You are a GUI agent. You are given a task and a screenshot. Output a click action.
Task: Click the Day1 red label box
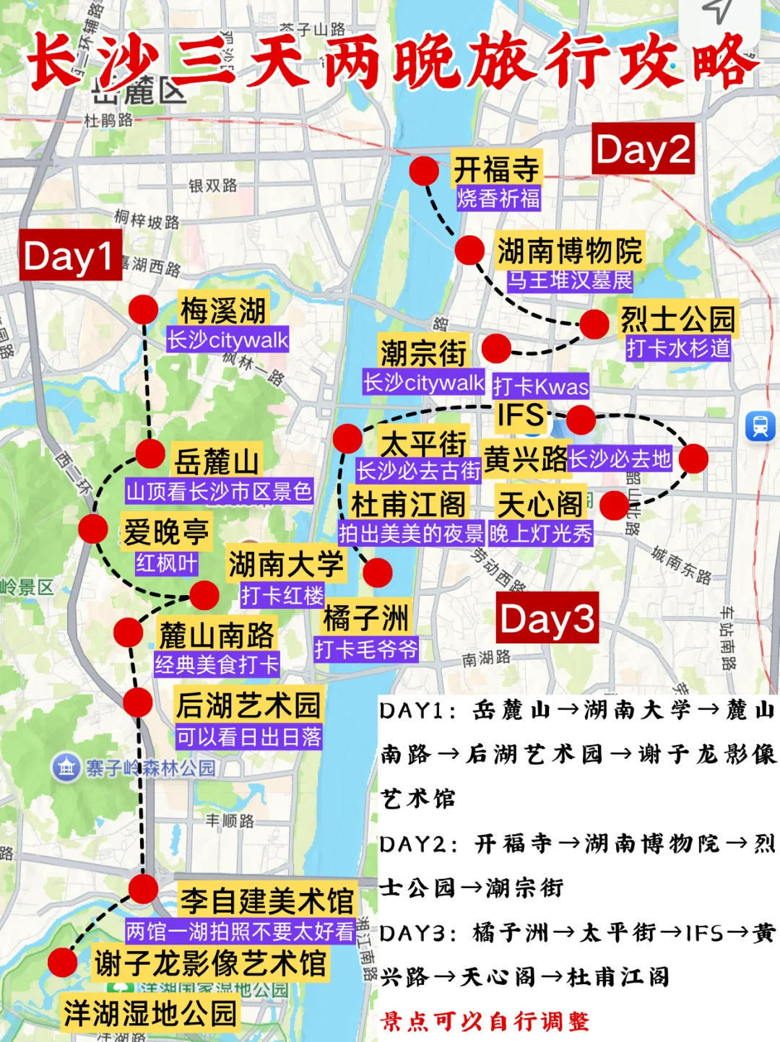[70, 255]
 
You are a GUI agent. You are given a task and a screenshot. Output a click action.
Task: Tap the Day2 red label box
[643, 149]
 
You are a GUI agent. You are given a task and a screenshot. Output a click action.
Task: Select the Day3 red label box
[547, 618]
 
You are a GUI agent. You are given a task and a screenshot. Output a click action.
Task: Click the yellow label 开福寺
[496, 169]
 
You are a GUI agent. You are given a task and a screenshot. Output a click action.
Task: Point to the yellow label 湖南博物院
[569, 251]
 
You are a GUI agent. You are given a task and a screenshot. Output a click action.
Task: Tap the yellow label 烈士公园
[677, 318]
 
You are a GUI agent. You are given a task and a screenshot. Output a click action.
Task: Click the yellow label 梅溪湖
[223, 310]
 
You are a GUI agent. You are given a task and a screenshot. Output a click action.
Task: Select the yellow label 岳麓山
[216, 461]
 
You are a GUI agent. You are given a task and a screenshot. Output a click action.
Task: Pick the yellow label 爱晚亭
[165, 531]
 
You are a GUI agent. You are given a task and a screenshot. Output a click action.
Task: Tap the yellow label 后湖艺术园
[248, 705]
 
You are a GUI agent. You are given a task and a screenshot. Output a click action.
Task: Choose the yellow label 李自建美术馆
[266, 900]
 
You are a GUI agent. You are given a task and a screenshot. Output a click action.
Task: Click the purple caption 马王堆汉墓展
[569, 280]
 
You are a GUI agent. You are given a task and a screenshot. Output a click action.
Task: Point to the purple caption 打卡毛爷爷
[365, 649]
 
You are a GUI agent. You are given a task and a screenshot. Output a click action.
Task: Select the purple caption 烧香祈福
[498, 199]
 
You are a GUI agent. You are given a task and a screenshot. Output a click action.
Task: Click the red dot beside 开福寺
[424, 171]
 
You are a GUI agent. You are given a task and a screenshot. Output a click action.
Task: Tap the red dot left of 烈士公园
[594, 324]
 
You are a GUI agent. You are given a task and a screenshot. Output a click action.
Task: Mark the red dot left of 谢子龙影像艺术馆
[63, 963]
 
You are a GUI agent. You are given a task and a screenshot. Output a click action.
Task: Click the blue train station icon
[760, 426]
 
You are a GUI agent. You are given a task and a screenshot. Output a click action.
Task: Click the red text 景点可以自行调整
[485, 1021]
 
